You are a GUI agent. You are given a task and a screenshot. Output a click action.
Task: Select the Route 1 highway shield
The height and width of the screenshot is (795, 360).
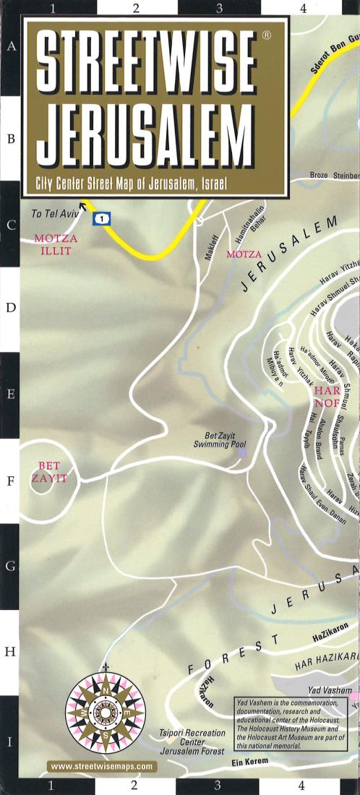point(105,218)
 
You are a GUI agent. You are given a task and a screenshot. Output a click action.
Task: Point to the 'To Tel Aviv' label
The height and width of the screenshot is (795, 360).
point(55,215)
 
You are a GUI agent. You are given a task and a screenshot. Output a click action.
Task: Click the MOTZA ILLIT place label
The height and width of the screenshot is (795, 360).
point(55,244)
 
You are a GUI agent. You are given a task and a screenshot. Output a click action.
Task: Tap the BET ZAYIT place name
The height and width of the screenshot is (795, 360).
point(49,472)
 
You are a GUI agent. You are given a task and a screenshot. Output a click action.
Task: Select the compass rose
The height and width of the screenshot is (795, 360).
point(106,713)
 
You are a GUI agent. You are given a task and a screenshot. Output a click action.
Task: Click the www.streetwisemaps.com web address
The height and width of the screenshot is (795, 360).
point(103,766)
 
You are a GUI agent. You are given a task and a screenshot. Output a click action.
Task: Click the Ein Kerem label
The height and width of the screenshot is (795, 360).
point(251,762)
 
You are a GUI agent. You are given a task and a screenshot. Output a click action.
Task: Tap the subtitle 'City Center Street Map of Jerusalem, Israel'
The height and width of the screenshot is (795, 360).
point(132,184)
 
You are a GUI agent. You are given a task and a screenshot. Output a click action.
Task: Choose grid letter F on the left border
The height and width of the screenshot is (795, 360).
point(11,479)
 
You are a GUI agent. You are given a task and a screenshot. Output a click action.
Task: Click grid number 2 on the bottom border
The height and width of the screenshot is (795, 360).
point(134,785)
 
